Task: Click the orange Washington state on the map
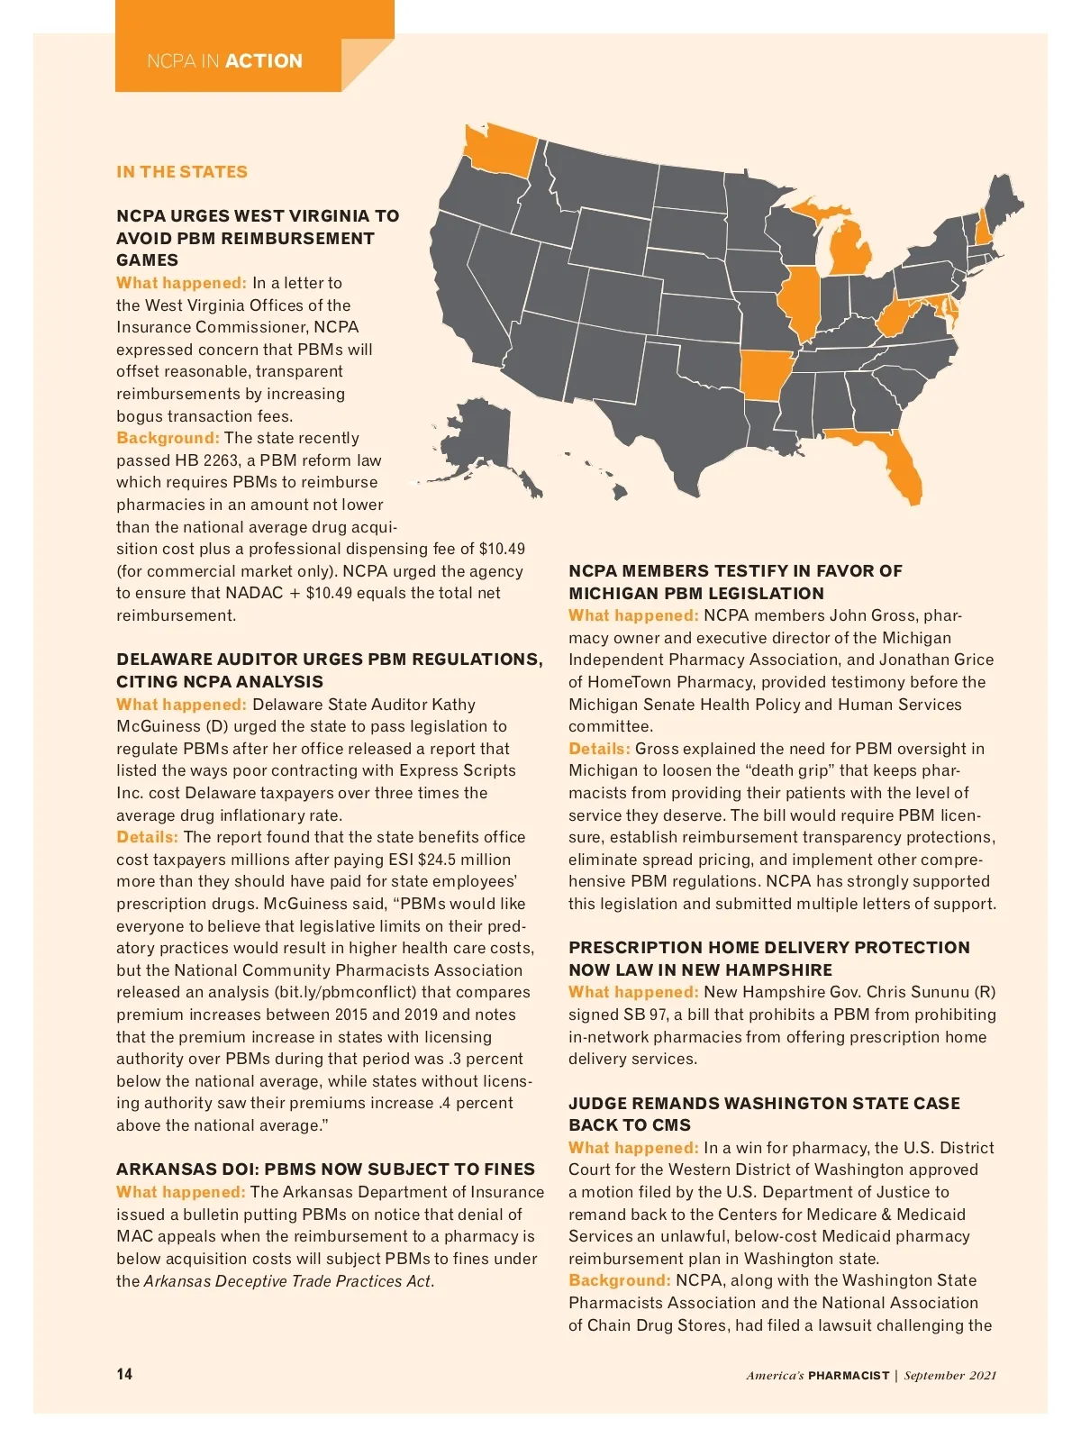click(497, 150)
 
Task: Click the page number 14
click(124, 1374)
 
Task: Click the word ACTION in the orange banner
click(264, 61)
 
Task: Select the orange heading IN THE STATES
click(182, 172)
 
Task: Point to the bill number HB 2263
click(207, 460)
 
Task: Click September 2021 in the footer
click(950, 1375)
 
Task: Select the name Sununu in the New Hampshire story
click(941, 992)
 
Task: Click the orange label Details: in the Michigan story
click(599, 749)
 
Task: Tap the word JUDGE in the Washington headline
click(595, 1104)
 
